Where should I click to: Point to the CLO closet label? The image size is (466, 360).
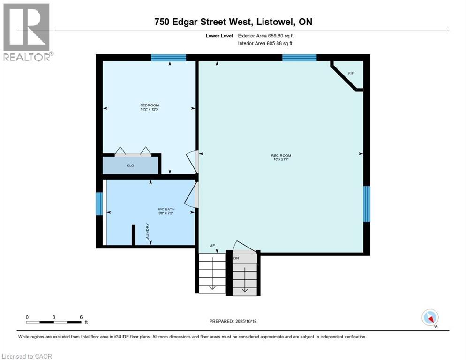pos(130,165)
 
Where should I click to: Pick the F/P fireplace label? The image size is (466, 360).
pos(351,74)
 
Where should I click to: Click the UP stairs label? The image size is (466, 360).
pos(212,245)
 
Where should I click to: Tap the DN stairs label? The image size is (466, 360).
pos(236,258)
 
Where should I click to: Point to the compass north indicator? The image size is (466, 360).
pos(430,318)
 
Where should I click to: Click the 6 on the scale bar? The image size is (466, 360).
pos(81,317)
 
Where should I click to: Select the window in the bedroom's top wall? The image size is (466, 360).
pos(168,58)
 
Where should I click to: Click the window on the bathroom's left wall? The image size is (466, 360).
pos(99,203)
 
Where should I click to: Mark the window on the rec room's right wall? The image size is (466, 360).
pos(367,203)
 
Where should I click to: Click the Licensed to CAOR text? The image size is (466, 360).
pos(27,356)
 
